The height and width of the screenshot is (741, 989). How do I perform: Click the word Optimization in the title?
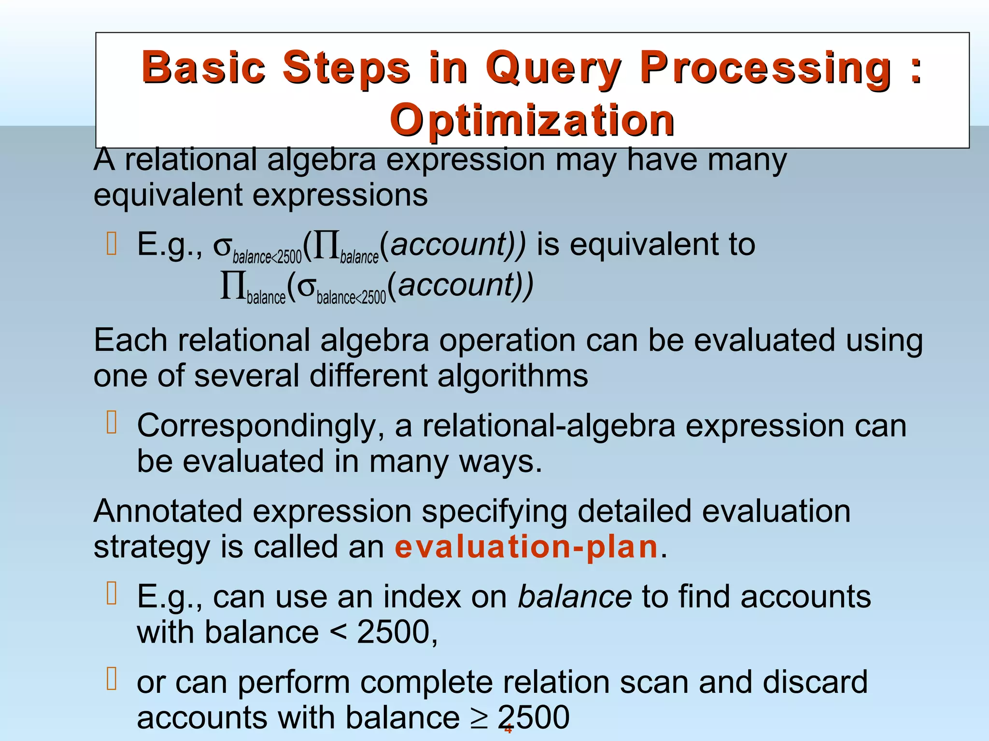click(x=532, y=120)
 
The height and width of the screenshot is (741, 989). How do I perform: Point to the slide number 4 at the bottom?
click(x=508, y=729)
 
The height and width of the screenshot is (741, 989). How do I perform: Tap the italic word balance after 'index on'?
click(x=575, y=597)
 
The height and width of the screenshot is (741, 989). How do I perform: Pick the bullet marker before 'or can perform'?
click(x=112, y=679)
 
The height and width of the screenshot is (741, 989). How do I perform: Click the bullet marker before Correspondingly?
click(x=112, y=423)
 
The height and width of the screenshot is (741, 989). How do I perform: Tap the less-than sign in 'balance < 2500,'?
click(x=338, y=632)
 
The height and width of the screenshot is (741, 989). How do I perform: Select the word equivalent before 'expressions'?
click(x=168, y=195)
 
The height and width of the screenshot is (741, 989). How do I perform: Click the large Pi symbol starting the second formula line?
click(x=232, y=286)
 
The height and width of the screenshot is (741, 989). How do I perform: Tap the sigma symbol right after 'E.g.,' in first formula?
click(x=223, y=246)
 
